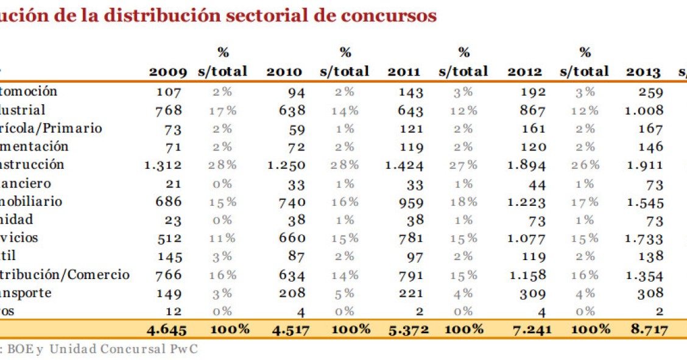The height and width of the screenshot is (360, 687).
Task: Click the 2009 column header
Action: click(167, 72)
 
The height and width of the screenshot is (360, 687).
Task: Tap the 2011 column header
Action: click(404, 72)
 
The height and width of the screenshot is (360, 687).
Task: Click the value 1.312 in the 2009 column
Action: click(163, 165)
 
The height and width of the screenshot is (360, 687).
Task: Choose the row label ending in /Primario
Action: click(51, 129)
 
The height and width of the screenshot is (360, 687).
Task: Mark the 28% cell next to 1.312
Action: click(222, 165)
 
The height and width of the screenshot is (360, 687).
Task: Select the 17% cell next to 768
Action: click(222, 110)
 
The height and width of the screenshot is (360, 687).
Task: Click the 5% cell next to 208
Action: click(346, 293)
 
